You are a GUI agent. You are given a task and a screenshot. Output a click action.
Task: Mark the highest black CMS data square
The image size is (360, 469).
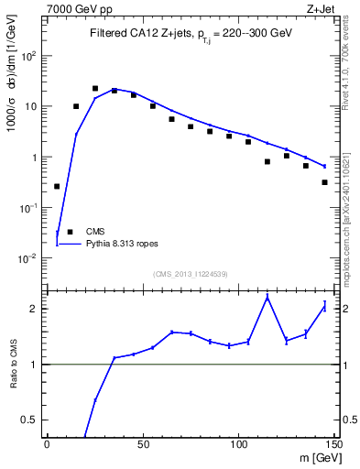tap(95, 89)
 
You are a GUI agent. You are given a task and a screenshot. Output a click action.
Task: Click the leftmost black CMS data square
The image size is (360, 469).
tap(57, 186)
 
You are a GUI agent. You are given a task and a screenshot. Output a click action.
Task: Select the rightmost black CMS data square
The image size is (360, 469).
tap(325, 182)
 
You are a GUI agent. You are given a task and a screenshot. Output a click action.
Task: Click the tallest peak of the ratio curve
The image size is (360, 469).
tap(267, 297)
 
